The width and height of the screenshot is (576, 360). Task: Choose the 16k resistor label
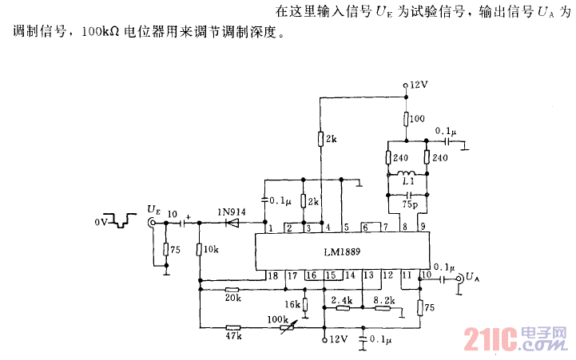[292, 303]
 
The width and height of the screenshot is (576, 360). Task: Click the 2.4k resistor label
[342, 300]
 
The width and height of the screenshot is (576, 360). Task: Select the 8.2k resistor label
[383, 300]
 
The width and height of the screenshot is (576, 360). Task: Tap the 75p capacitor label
[409, 205]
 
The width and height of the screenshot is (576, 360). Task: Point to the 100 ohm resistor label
[417, 119]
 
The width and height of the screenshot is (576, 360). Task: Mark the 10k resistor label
[211, 250]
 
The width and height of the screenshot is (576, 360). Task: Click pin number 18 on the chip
[273, 275]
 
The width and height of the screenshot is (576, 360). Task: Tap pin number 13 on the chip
[368, 275]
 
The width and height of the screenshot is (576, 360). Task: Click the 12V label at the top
[419, 84]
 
